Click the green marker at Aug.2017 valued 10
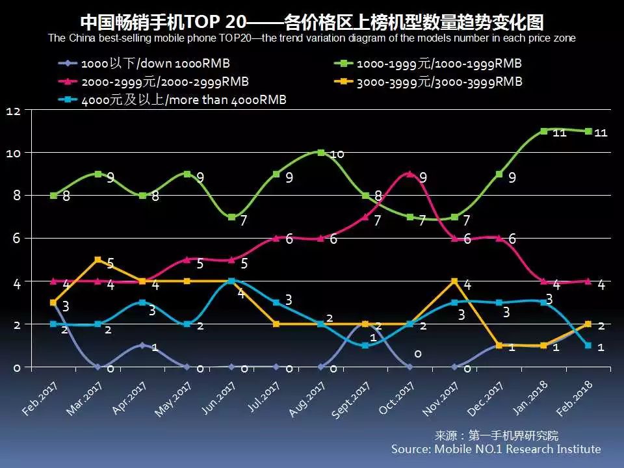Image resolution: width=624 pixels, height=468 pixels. (x=320, y=153)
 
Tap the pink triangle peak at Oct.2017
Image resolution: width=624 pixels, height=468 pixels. (x=409, y=174)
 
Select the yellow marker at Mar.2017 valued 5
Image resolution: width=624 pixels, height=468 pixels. (x=97, y=260)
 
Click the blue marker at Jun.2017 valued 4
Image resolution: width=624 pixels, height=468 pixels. (x=231, y=281)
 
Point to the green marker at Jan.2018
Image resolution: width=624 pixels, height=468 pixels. (x=543, y=131)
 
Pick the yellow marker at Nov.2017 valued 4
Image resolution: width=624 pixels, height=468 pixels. (x=454, y=281)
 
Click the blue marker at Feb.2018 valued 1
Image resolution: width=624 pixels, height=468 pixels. (x=588, y=346)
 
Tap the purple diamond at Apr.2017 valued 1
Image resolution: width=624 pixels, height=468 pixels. (x=142, y=346)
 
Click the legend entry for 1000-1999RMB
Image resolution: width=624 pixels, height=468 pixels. (x=428, y=64)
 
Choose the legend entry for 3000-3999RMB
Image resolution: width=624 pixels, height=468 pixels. (x=428, y=82)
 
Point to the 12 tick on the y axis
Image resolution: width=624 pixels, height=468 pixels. (x=14, y=111)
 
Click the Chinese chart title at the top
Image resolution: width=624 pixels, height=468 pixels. (x=311, y=21)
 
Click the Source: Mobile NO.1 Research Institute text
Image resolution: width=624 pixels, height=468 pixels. (x=496, y=449)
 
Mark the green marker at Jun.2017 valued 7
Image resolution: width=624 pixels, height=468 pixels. (x=231, y=217)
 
